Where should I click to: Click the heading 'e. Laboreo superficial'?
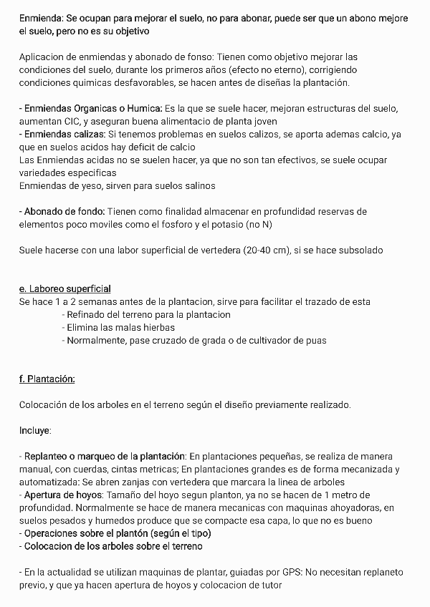pos(64,288)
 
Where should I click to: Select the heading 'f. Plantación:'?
pos(47,379)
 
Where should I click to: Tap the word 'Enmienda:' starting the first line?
pos(41,17)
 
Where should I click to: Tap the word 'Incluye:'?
pos(35,430)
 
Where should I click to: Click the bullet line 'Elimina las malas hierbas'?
pos(120,328)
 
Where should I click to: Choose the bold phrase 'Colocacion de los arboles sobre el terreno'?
pos(113,546)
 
